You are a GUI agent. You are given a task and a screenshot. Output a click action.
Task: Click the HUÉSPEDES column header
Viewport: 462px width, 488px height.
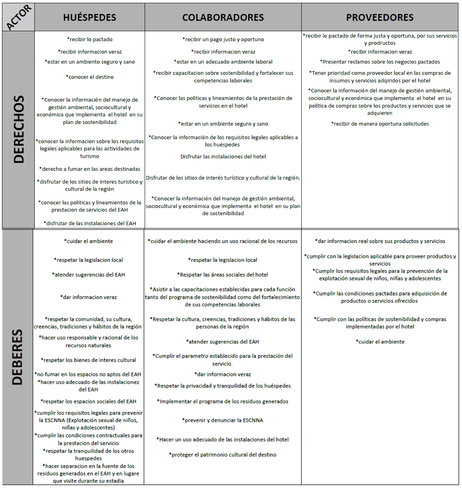pos(90,17)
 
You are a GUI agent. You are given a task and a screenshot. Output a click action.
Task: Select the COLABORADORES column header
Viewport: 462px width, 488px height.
pos(223,17)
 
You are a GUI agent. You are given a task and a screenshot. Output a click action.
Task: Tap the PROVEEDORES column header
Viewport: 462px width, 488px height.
pos(380,17)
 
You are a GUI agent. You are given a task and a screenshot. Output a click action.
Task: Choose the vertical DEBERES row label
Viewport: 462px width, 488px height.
pos(18,357)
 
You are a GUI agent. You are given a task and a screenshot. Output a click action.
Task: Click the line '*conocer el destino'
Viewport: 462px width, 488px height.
pos(90,77)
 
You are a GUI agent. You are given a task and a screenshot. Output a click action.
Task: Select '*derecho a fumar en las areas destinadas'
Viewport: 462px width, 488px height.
pos(90,169)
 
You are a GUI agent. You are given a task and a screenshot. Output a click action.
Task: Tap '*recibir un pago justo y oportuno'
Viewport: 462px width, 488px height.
pos(223,39)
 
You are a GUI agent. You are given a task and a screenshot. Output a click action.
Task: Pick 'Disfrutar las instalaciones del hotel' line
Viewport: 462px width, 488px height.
pos(223,156)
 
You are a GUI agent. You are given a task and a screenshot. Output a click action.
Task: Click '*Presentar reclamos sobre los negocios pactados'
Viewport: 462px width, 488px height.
pos(380,62)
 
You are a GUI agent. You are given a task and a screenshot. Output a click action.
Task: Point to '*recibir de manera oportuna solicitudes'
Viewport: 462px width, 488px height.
pos(380,124)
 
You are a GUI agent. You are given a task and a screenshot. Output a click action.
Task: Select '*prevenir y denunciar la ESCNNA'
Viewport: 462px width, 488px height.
pos(223,420)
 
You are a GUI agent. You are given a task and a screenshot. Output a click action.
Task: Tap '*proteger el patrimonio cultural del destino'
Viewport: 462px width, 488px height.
pos(223,454)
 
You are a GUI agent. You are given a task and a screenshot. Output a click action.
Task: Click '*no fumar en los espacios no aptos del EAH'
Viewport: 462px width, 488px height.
pos(88,374)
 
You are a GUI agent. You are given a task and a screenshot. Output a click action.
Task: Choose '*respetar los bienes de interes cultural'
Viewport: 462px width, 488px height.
pos(89,360)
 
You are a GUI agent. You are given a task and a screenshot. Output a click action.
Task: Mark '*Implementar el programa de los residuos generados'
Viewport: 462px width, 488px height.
pos(223,401)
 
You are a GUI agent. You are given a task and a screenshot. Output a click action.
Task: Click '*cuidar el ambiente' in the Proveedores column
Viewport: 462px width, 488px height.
pos(380,342)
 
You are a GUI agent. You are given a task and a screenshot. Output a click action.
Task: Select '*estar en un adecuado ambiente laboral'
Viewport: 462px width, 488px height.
pos(223,62)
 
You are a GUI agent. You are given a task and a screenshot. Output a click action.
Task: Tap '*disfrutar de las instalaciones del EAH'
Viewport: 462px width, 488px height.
pos(90,223)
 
